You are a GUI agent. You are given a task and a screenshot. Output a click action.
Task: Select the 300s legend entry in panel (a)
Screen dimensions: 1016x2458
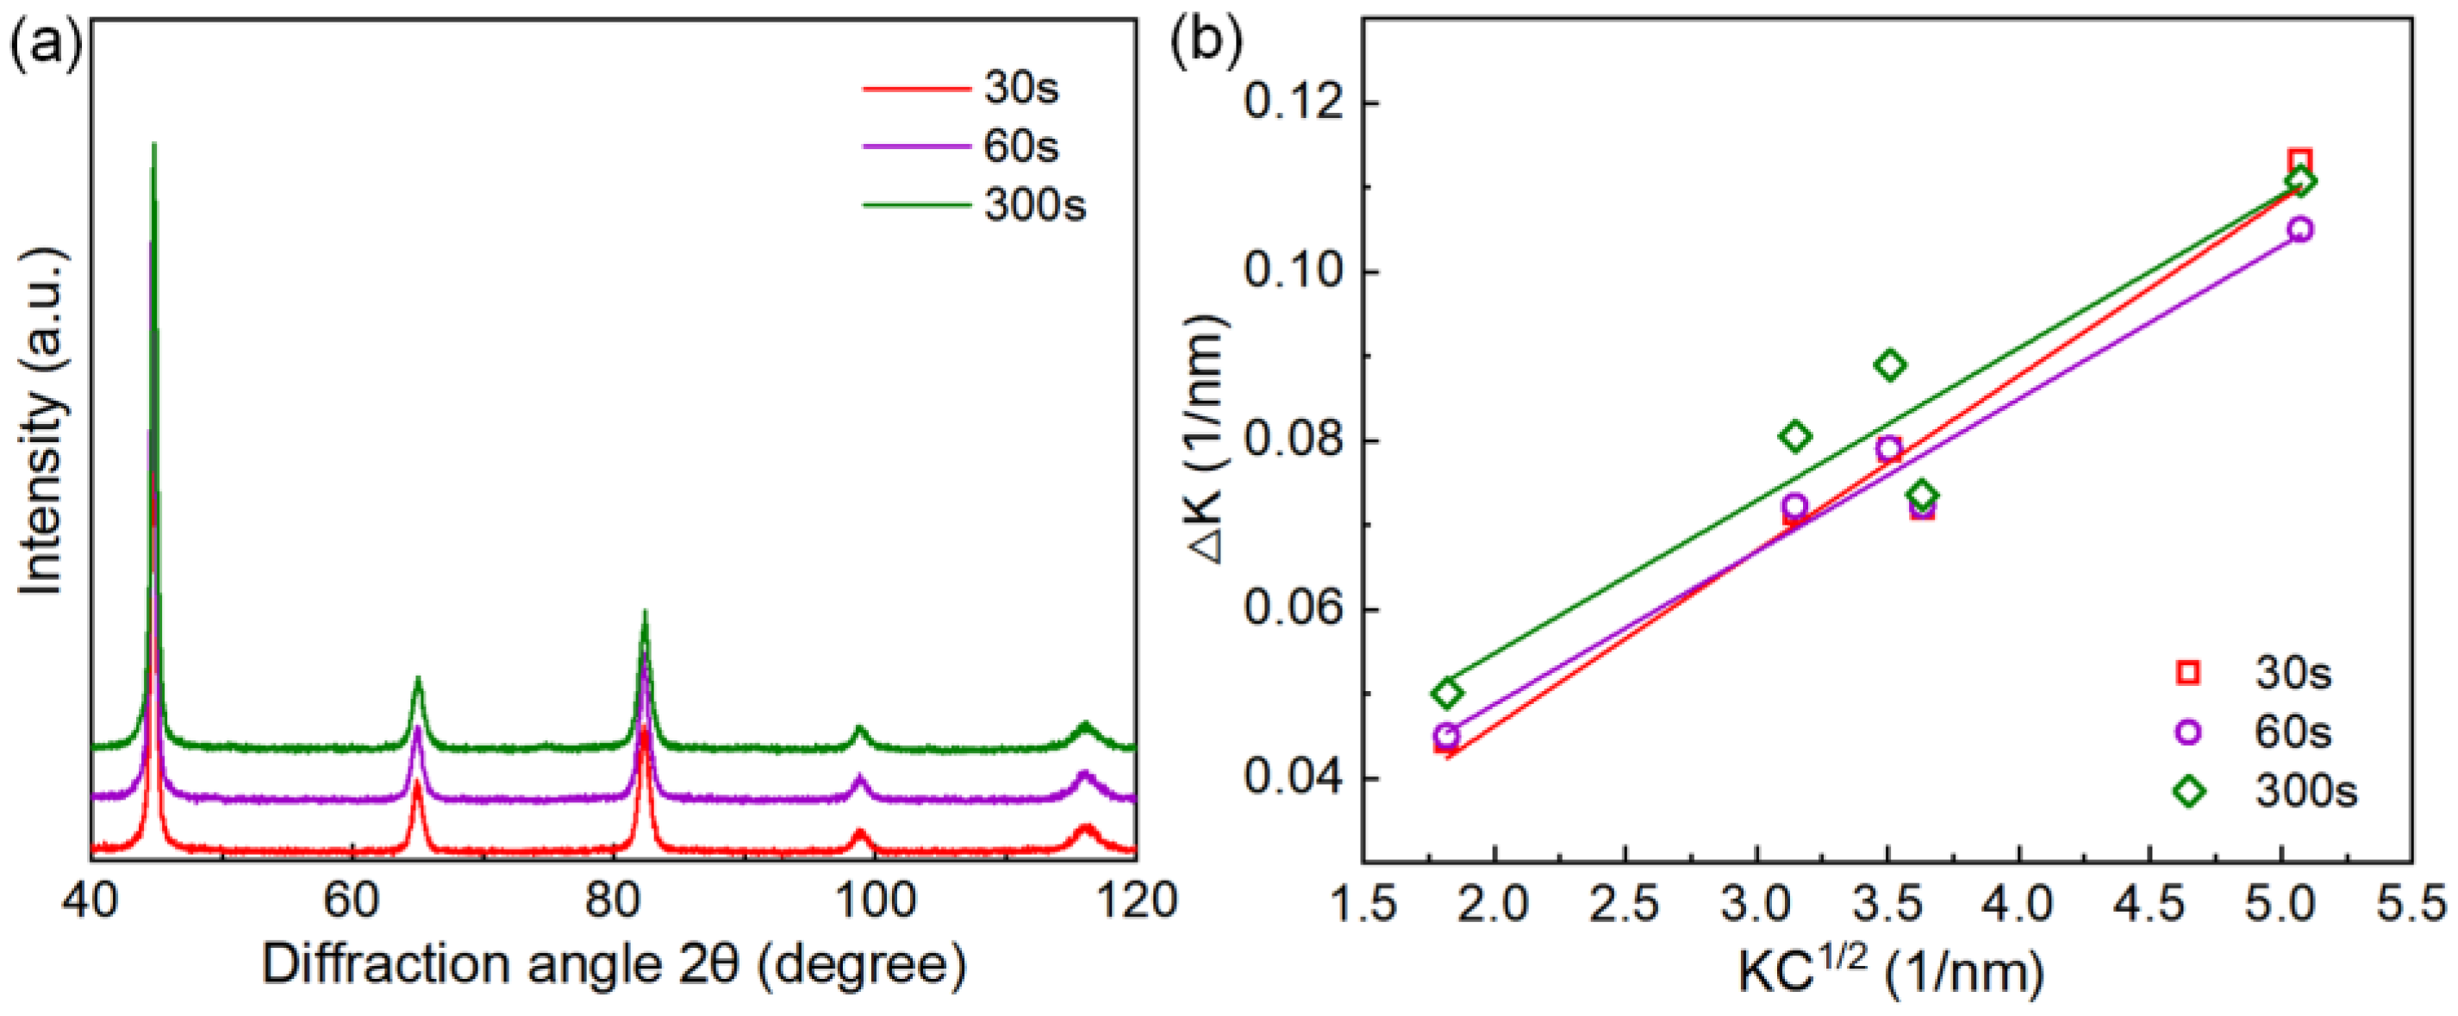[x=1034, y=205]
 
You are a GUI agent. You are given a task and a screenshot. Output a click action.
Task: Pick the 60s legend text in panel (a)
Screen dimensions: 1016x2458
[x=1021, y=146]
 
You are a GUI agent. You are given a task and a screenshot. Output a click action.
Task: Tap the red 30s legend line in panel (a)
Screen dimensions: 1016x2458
[x=915, y=89]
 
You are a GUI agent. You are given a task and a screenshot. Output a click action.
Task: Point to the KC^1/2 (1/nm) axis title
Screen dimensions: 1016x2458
[x=1889, y=971]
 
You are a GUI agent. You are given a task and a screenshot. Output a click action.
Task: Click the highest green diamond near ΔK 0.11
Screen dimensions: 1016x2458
[x=2299, y=181]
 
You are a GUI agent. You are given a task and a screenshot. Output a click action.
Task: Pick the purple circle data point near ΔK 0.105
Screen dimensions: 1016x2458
[x=2299, y=230]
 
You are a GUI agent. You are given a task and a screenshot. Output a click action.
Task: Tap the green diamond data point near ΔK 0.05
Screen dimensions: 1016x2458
[x=1448, y=693]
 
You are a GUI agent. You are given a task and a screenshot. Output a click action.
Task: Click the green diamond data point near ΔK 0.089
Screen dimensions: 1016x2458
[x=1889, y=365]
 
